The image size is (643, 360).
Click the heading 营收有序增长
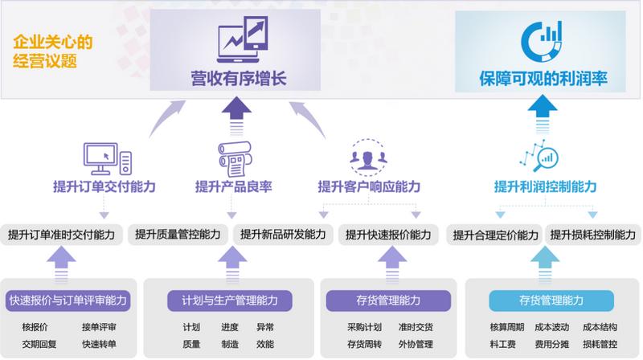coord(239,78)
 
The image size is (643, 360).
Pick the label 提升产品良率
coord(233,186)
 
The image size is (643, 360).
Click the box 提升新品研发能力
coord(283,235)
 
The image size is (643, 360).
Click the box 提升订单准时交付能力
coord(61,235)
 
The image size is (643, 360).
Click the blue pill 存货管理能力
coord(540,301)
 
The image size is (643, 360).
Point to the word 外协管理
coord(415,344)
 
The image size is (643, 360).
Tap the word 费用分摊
coord(551,344)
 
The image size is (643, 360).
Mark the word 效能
coord(265,344)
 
